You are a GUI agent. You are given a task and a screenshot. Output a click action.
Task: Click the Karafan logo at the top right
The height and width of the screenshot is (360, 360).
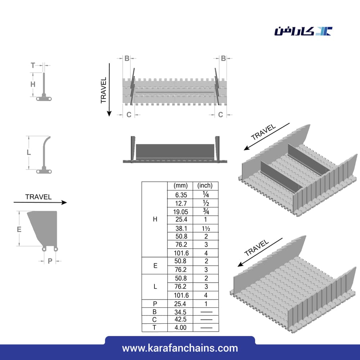click(x=303, y=31)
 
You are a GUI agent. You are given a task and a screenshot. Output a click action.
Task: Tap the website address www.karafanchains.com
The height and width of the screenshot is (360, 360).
click(x=180, y=348)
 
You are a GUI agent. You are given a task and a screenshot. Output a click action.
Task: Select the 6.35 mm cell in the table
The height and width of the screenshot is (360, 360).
click(x=181, y=195)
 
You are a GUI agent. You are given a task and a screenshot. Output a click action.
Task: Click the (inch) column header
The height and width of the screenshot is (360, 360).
click(x=205, y=185)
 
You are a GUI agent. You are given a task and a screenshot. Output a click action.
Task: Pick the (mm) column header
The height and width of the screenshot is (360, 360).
click(x=180, y=185)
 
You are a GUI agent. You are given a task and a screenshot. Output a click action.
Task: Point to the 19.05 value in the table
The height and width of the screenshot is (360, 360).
click(x=181, y=212)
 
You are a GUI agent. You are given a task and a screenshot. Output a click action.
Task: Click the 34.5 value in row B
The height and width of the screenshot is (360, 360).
click(x=180, y=312)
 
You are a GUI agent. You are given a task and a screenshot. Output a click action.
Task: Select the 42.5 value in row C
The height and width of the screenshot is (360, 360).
click(x=180, y=319)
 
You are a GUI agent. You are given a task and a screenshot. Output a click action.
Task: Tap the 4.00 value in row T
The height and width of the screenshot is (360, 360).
click(x=180, y=327)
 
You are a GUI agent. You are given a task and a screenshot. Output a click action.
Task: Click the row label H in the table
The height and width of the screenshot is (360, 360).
click(x=155, y=219)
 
